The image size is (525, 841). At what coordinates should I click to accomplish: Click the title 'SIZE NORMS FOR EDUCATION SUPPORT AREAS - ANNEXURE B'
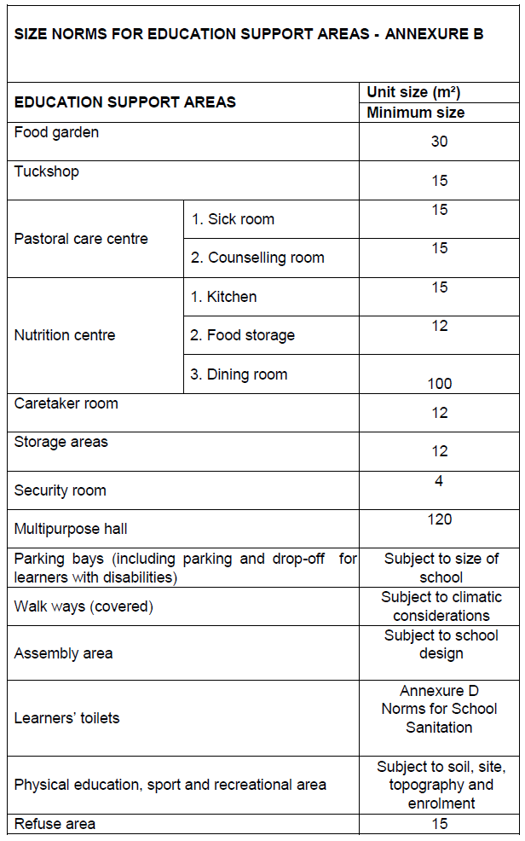(248, 34)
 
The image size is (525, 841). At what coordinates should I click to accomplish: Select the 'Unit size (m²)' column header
(413, 92)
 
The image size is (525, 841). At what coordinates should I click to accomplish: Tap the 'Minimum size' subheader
(415, 113)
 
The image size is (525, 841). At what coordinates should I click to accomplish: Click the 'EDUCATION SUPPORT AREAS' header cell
(124, 102)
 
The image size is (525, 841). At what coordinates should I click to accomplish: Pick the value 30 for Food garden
(439, 142)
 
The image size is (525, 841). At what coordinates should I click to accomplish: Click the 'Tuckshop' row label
(46, 171)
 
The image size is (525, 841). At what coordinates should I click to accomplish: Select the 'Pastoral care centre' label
(81, 239)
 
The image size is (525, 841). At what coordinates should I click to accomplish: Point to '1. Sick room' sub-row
(232, 219)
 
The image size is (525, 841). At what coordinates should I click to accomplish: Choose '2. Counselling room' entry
(257, 258)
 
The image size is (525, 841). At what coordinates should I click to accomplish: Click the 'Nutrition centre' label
(64, 335)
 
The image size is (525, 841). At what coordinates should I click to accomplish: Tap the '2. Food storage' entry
(242, 335)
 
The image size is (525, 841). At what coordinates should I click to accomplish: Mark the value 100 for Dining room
(439, 384)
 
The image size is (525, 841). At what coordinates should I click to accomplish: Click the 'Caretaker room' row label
(66, 403)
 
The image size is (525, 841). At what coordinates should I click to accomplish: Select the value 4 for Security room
(439, 481)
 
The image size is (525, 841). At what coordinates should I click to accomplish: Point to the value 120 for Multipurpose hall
(439, 519)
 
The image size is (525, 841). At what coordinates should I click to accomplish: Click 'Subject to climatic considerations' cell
(441, 606)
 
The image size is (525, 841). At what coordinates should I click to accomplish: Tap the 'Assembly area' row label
(63, 653)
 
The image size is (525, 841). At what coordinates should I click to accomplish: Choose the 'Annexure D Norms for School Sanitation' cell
(439, 709)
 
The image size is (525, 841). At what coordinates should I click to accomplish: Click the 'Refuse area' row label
(55, 824)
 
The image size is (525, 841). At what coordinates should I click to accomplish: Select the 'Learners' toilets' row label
(66, 718)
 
